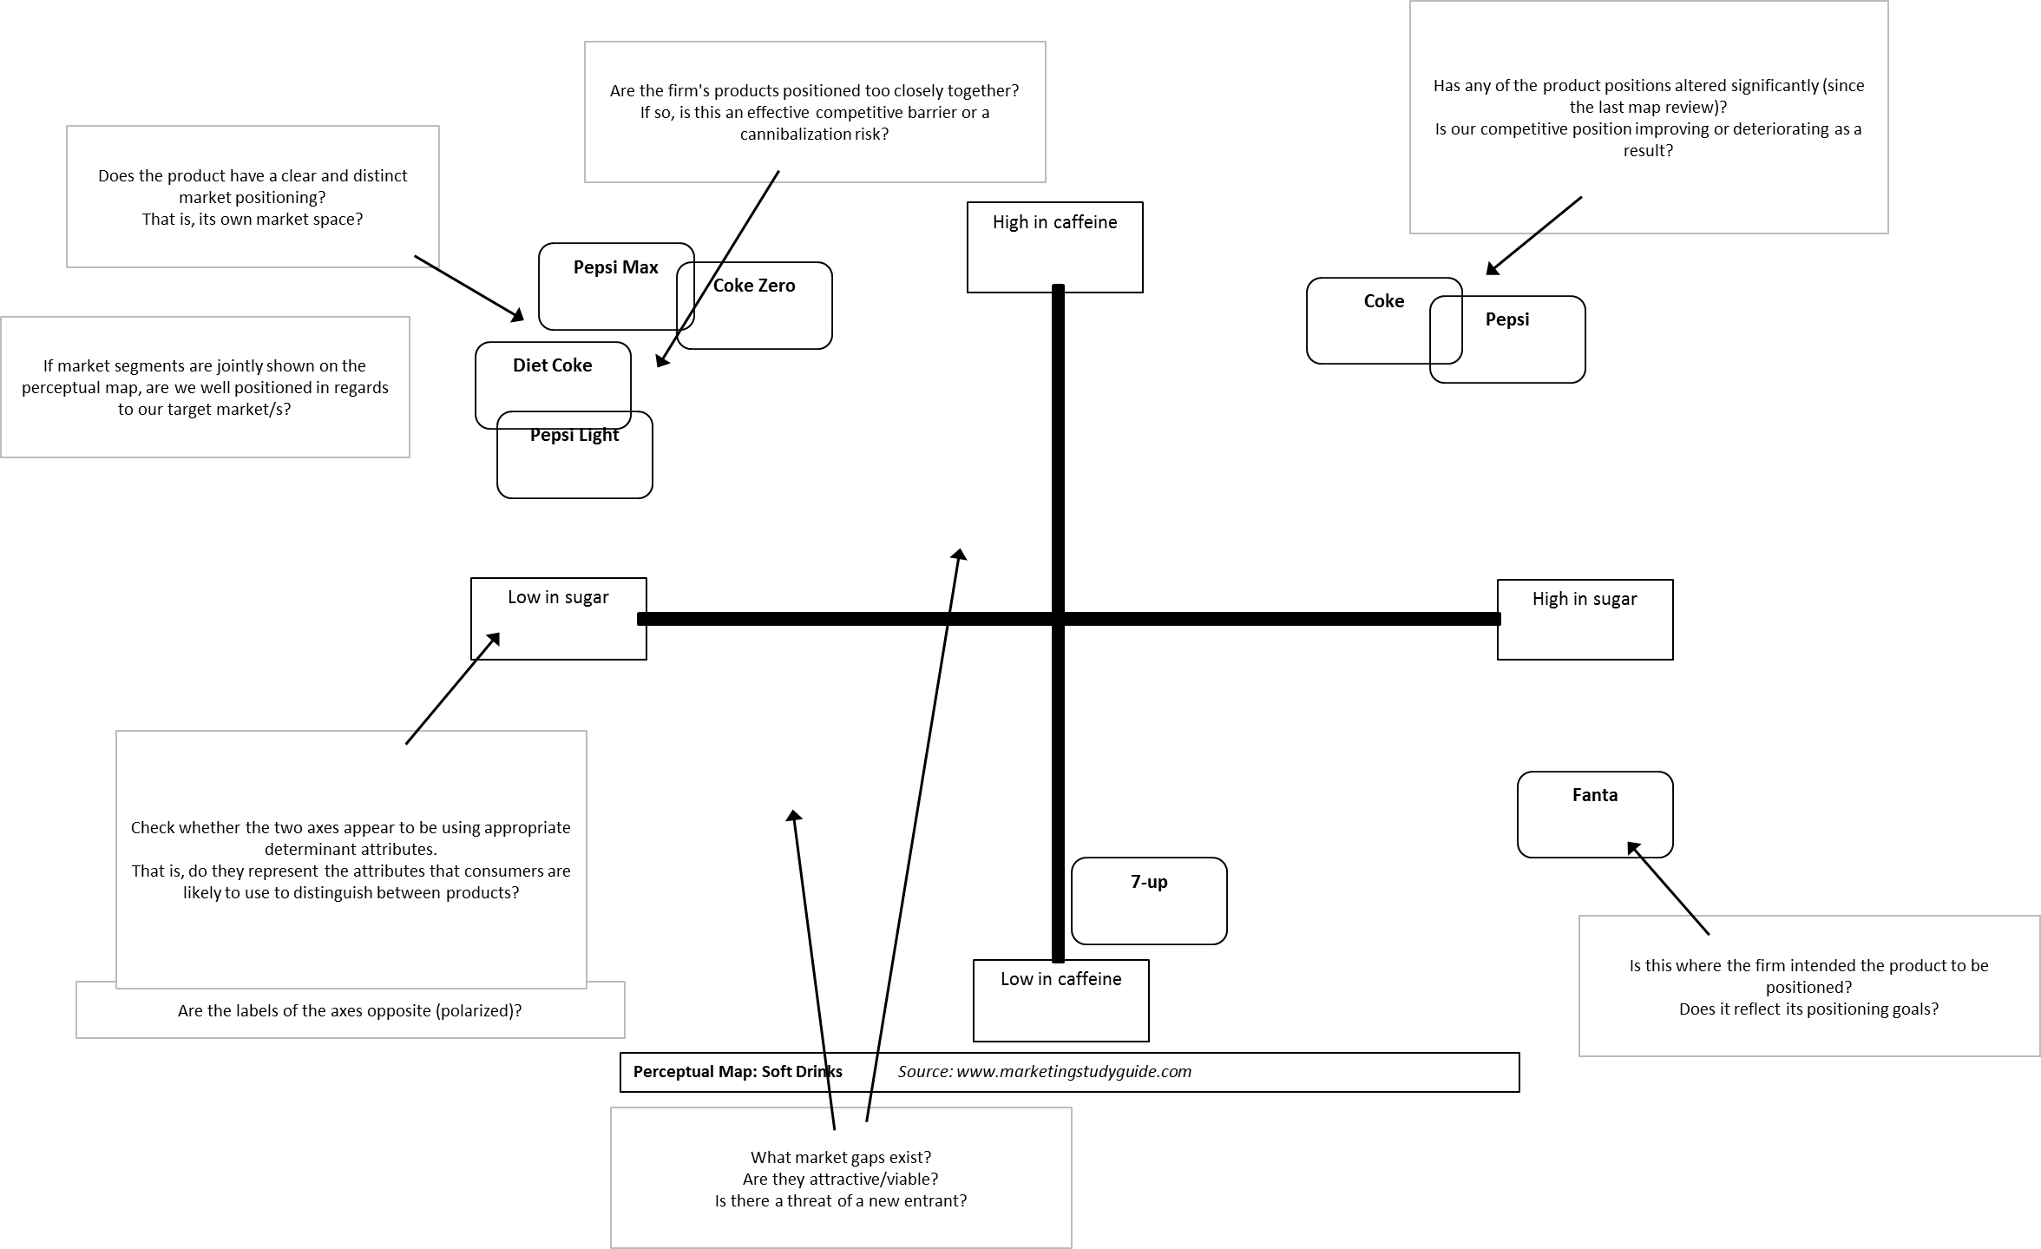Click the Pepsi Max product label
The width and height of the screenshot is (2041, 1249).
(615, 267)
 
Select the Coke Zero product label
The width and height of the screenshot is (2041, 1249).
(754, 286)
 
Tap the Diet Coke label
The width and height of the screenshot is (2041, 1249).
(552, 365)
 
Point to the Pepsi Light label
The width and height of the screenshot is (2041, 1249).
(574, 435)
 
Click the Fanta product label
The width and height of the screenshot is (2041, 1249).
(1595, 795)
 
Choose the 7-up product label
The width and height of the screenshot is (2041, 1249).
(1149, 882)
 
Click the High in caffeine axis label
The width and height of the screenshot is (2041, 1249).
(1054, 222)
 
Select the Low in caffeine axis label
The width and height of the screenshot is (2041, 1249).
(1060, 979)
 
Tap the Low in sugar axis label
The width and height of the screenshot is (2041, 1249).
(558, 597)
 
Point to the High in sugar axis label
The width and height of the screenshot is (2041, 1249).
(1585, 599)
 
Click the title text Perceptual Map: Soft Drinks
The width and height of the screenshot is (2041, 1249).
(738, 1071)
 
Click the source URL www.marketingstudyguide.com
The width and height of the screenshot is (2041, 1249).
(1074, 1071)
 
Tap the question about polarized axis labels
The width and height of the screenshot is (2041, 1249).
(350, 1010)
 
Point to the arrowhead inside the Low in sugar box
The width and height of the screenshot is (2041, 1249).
(494, 639)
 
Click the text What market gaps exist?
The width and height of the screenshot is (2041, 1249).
(841, 1157)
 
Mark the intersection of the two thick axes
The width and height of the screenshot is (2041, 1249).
(1058, 619)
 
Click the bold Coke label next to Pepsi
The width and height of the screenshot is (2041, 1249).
(1383, 301)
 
